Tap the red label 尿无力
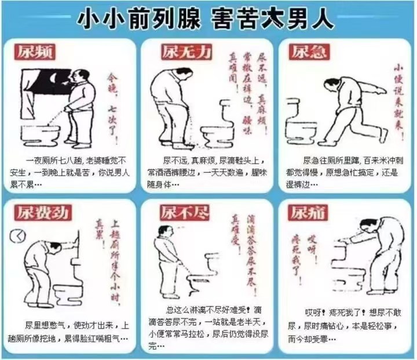click(x=177, y=53)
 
